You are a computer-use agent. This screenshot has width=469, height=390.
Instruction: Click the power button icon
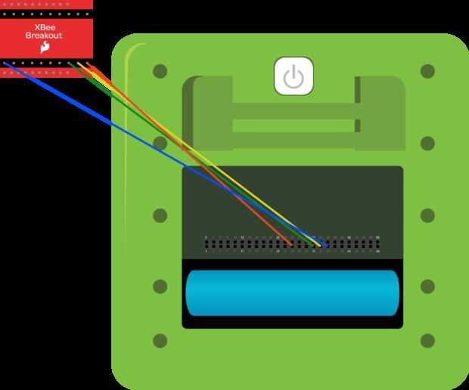(294, 76)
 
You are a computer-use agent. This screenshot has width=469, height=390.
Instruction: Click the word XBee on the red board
(45, 26)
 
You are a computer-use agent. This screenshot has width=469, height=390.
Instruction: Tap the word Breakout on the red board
(44, 35)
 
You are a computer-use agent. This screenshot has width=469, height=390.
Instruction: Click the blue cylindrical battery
(292, 292)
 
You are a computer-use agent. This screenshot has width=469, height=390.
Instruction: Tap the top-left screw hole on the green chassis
(160, 72)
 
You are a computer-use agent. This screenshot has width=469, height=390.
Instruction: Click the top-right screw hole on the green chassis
(427, 72)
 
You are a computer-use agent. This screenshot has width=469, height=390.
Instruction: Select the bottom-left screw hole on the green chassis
(160, 341)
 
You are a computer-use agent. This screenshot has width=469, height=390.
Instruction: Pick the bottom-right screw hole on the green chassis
(427, 341)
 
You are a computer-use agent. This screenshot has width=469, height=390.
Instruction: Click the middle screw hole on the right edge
(427, 215)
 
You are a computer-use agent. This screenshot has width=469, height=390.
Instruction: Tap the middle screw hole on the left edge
(160, 215)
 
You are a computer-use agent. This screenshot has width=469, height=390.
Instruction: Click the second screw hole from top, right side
(427, 144)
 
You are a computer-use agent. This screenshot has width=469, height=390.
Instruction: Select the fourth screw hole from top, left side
(160, 286)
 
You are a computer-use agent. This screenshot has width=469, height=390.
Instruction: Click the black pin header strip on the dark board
(292, 243)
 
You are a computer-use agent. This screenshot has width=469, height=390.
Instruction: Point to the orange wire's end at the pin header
(292, 245)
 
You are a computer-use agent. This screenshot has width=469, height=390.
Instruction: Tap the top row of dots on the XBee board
(45, 4)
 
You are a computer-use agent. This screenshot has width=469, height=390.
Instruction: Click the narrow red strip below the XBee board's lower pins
(45, 73)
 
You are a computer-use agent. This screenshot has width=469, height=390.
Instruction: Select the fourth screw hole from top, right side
(427, 286)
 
